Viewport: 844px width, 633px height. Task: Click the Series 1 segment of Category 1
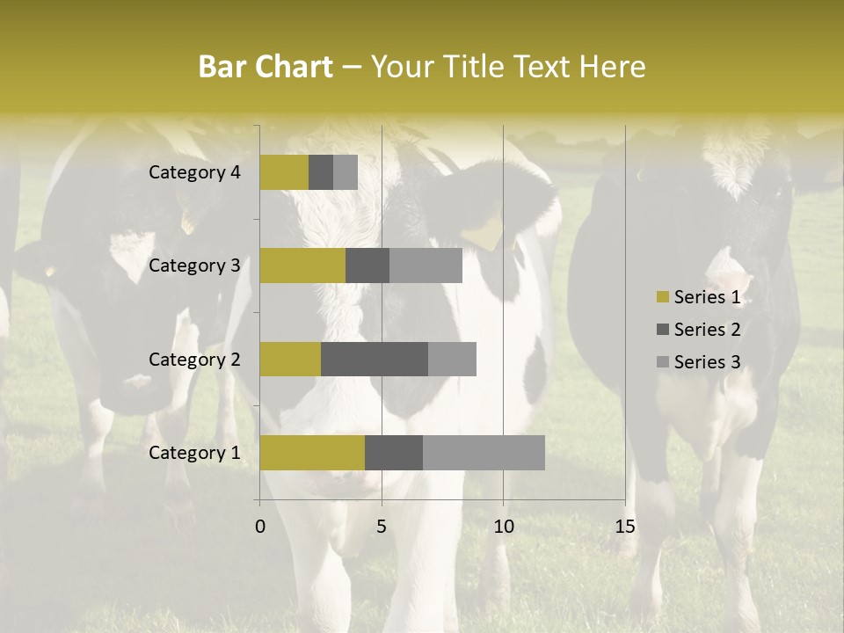(x=312, y=453)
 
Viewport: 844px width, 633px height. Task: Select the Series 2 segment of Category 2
(x=375, y=359)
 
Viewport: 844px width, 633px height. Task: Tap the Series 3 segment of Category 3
(x=426, y=266)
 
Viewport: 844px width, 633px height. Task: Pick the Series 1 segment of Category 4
(x=284, y=172)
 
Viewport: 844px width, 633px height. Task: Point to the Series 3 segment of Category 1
(x=484, y=453)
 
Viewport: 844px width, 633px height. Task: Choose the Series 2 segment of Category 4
(x=321, y=172)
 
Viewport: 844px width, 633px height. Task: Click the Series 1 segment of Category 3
(x=302, y=266)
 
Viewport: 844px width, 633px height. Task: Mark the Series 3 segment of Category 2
(x=452, y=359)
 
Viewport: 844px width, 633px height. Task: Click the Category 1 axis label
(x=194, y=453)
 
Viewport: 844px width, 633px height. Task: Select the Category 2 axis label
(x=194, y=359)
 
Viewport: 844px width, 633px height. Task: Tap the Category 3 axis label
(x=194, y=266)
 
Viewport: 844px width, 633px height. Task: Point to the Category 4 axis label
(x=194, y=172)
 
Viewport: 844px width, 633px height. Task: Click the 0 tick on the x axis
(x=260, y=527)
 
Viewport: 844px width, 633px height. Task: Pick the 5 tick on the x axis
(x=382, y=527)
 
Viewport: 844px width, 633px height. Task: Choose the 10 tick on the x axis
(x=503, y=527)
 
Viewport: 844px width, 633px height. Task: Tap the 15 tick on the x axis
(x=625, y=527)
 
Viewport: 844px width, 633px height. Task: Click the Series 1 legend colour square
(x=663, y=297)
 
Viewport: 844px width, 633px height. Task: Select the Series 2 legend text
(x=707, y=330)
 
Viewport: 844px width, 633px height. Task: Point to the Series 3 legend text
(x=707, y=362)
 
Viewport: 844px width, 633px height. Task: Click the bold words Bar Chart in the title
(x=266, y=67)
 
